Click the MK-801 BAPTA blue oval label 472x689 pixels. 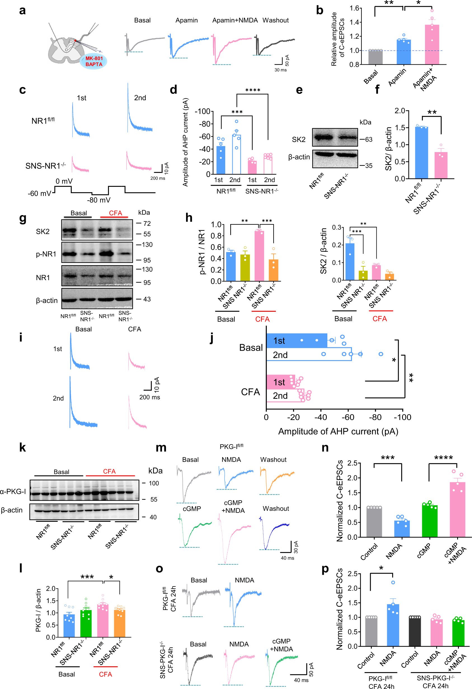(93, 61)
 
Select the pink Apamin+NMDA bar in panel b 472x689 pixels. (432, 45)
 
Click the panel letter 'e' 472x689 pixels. (299, 90)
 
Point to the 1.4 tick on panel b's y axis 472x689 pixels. (354, 22)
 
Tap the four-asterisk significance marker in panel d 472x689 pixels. (253, 90)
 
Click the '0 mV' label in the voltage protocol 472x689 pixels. (64, 181)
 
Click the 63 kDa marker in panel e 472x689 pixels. (368, 139)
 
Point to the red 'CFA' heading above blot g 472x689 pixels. (115, 213)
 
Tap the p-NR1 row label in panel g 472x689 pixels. (46, 254)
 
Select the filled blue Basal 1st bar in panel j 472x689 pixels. (296, 341)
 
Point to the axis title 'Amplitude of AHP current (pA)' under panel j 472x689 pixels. (338, 431)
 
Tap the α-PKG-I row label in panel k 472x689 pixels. (13, 492)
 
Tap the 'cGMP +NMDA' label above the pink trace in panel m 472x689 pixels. (233, 507)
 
